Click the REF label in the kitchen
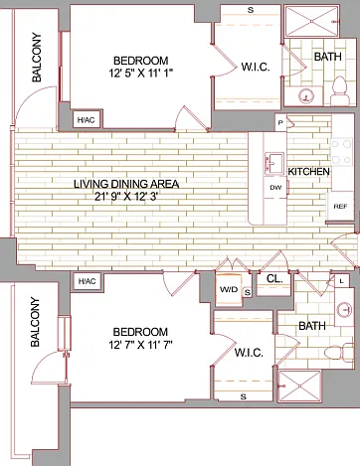(340, 207)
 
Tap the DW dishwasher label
(275, 188)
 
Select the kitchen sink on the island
(274, 163)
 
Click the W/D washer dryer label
(229, 289)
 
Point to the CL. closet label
(274, 278)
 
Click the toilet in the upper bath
(340, 90)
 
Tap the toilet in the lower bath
(339, 352)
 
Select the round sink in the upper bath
(306, 96)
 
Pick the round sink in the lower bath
(344, 310)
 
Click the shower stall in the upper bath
(311, 21)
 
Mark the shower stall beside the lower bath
(299, 386)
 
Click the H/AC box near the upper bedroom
(87, 120)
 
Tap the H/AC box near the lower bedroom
(87, 281)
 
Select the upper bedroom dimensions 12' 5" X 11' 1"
(141, 73)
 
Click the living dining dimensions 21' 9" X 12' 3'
(125, 197)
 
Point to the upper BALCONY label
(37, 58)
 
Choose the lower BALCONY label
(35, 322)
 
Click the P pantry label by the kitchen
(280, 123)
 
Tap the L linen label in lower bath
(342, 281)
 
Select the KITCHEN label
(308, 172)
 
